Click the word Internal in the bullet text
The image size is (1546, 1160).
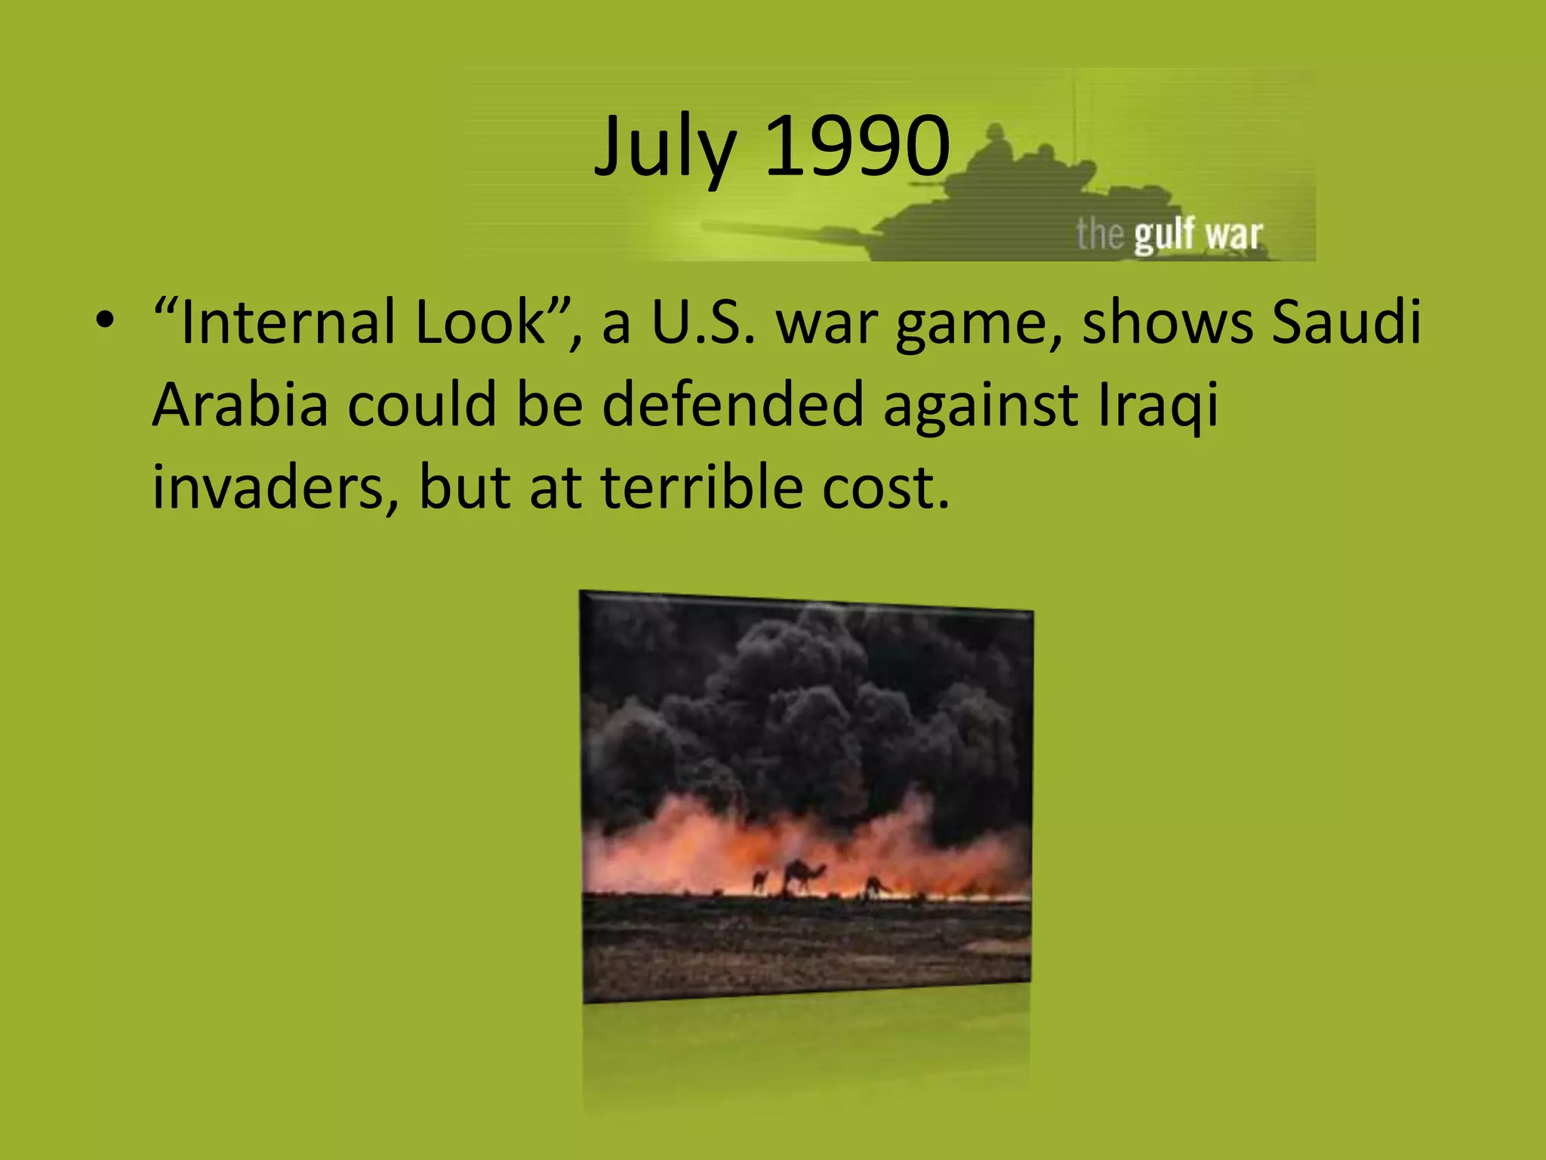[287, 322]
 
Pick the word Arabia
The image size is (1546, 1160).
[240, 405]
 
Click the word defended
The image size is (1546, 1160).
[732, 405]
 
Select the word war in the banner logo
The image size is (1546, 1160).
[1233, 235]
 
